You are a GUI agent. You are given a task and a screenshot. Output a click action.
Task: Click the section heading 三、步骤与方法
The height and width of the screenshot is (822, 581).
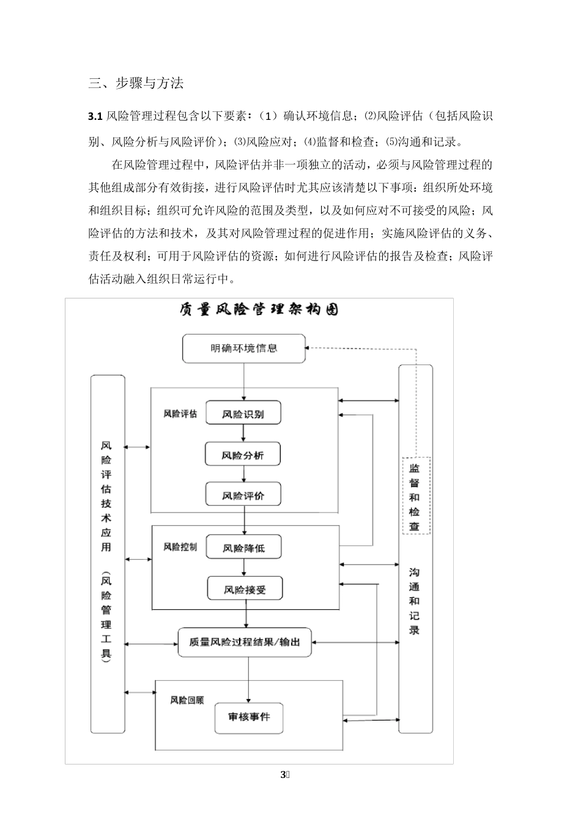(136, 84)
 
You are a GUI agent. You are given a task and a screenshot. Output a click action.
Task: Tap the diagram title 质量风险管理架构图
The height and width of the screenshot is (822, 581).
(259, 309)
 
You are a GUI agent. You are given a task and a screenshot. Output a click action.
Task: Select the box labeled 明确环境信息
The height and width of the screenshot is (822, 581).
(244, 348)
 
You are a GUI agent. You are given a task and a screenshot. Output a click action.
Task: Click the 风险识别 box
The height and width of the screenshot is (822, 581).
(243, 413)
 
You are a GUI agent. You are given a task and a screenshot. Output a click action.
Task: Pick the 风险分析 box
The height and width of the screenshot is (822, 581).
(243, 454)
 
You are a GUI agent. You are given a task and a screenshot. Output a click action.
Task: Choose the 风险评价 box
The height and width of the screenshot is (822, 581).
(243, 495)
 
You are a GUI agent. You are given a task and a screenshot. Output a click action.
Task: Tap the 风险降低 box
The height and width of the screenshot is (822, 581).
(244, 548)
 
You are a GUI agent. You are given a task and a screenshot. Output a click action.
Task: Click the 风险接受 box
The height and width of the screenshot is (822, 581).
(245, 590)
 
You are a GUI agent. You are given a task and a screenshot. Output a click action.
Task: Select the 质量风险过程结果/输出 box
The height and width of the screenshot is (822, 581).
(245, 642)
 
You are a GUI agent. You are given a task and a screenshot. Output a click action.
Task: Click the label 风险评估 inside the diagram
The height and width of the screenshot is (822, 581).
(180, 414)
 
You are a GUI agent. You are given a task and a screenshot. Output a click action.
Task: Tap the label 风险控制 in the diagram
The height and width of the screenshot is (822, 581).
(180, 547)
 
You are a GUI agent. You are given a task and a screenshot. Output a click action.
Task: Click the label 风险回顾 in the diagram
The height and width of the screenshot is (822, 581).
(187, 700)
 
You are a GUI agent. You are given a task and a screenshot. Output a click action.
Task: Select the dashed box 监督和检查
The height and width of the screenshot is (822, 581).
(415, 496)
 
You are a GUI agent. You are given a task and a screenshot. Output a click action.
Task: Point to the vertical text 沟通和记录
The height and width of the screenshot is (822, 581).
(415, 601)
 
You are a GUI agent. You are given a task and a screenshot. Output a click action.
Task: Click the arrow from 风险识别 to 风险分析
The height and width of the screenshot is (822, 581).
(243, 434)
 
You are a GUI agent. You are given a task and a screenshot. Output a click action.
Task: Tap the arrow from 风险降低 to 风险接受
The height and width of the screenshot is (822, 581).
(245, 568)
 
